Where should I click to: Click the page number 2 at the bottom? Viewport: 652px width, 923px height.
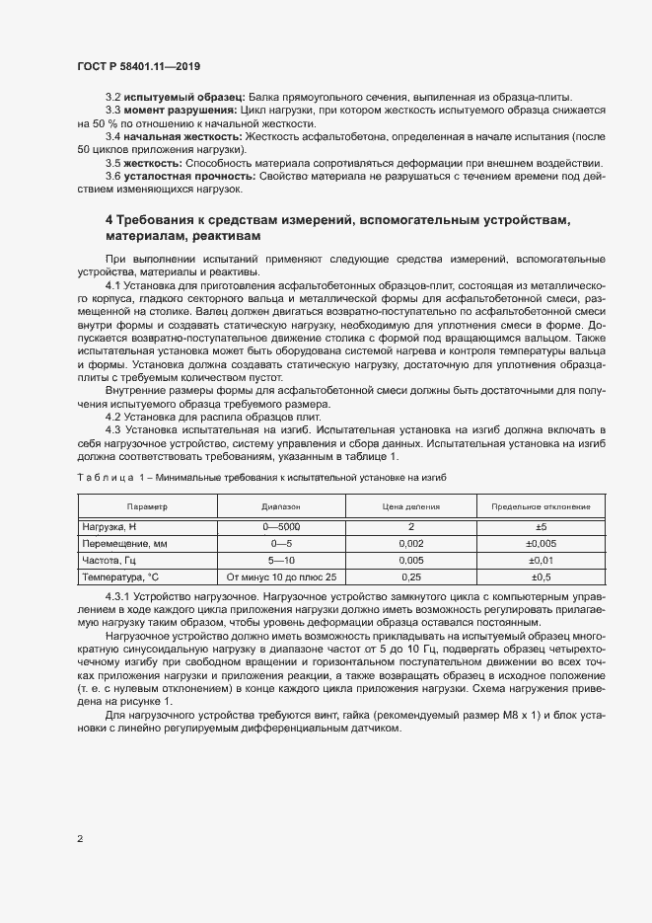click(80, 839)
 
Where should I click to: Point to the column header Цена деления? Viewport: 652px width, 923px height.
click(409, 506)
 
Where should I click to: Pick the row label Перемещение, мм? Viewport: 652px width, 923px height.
click(125, 544)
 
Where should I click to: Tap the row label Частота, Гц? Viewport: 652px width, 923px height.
click(111, 560)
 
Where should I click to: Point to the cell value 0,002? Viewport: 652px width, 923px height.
click(409, 544)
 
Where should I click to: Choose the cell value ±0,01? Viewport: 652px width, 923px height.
click(541, 560)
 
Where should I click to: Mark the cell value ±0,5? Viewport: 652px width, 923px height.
click(541, 577)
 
